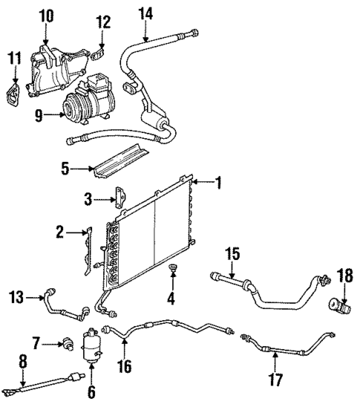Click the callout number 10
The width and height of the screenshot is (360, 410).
coord(46,14)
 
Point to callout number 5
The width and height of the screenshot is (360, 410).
coord(65,169)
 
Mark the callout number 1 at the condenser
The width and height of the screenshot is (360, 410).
coord(217,180)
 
